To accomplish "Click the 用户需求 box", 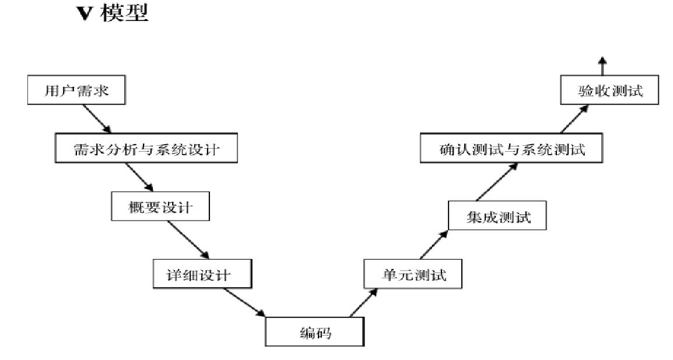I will [x=76, y=92].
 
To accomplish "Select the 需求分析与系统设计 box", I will [x=146, y=149].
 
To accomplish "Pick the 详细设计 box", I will [x=202, y=274].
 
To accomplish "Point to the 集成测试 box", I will [x=499, y=218].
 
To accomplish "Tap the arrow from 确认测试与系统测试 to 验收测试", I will [x=574, y=120].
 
